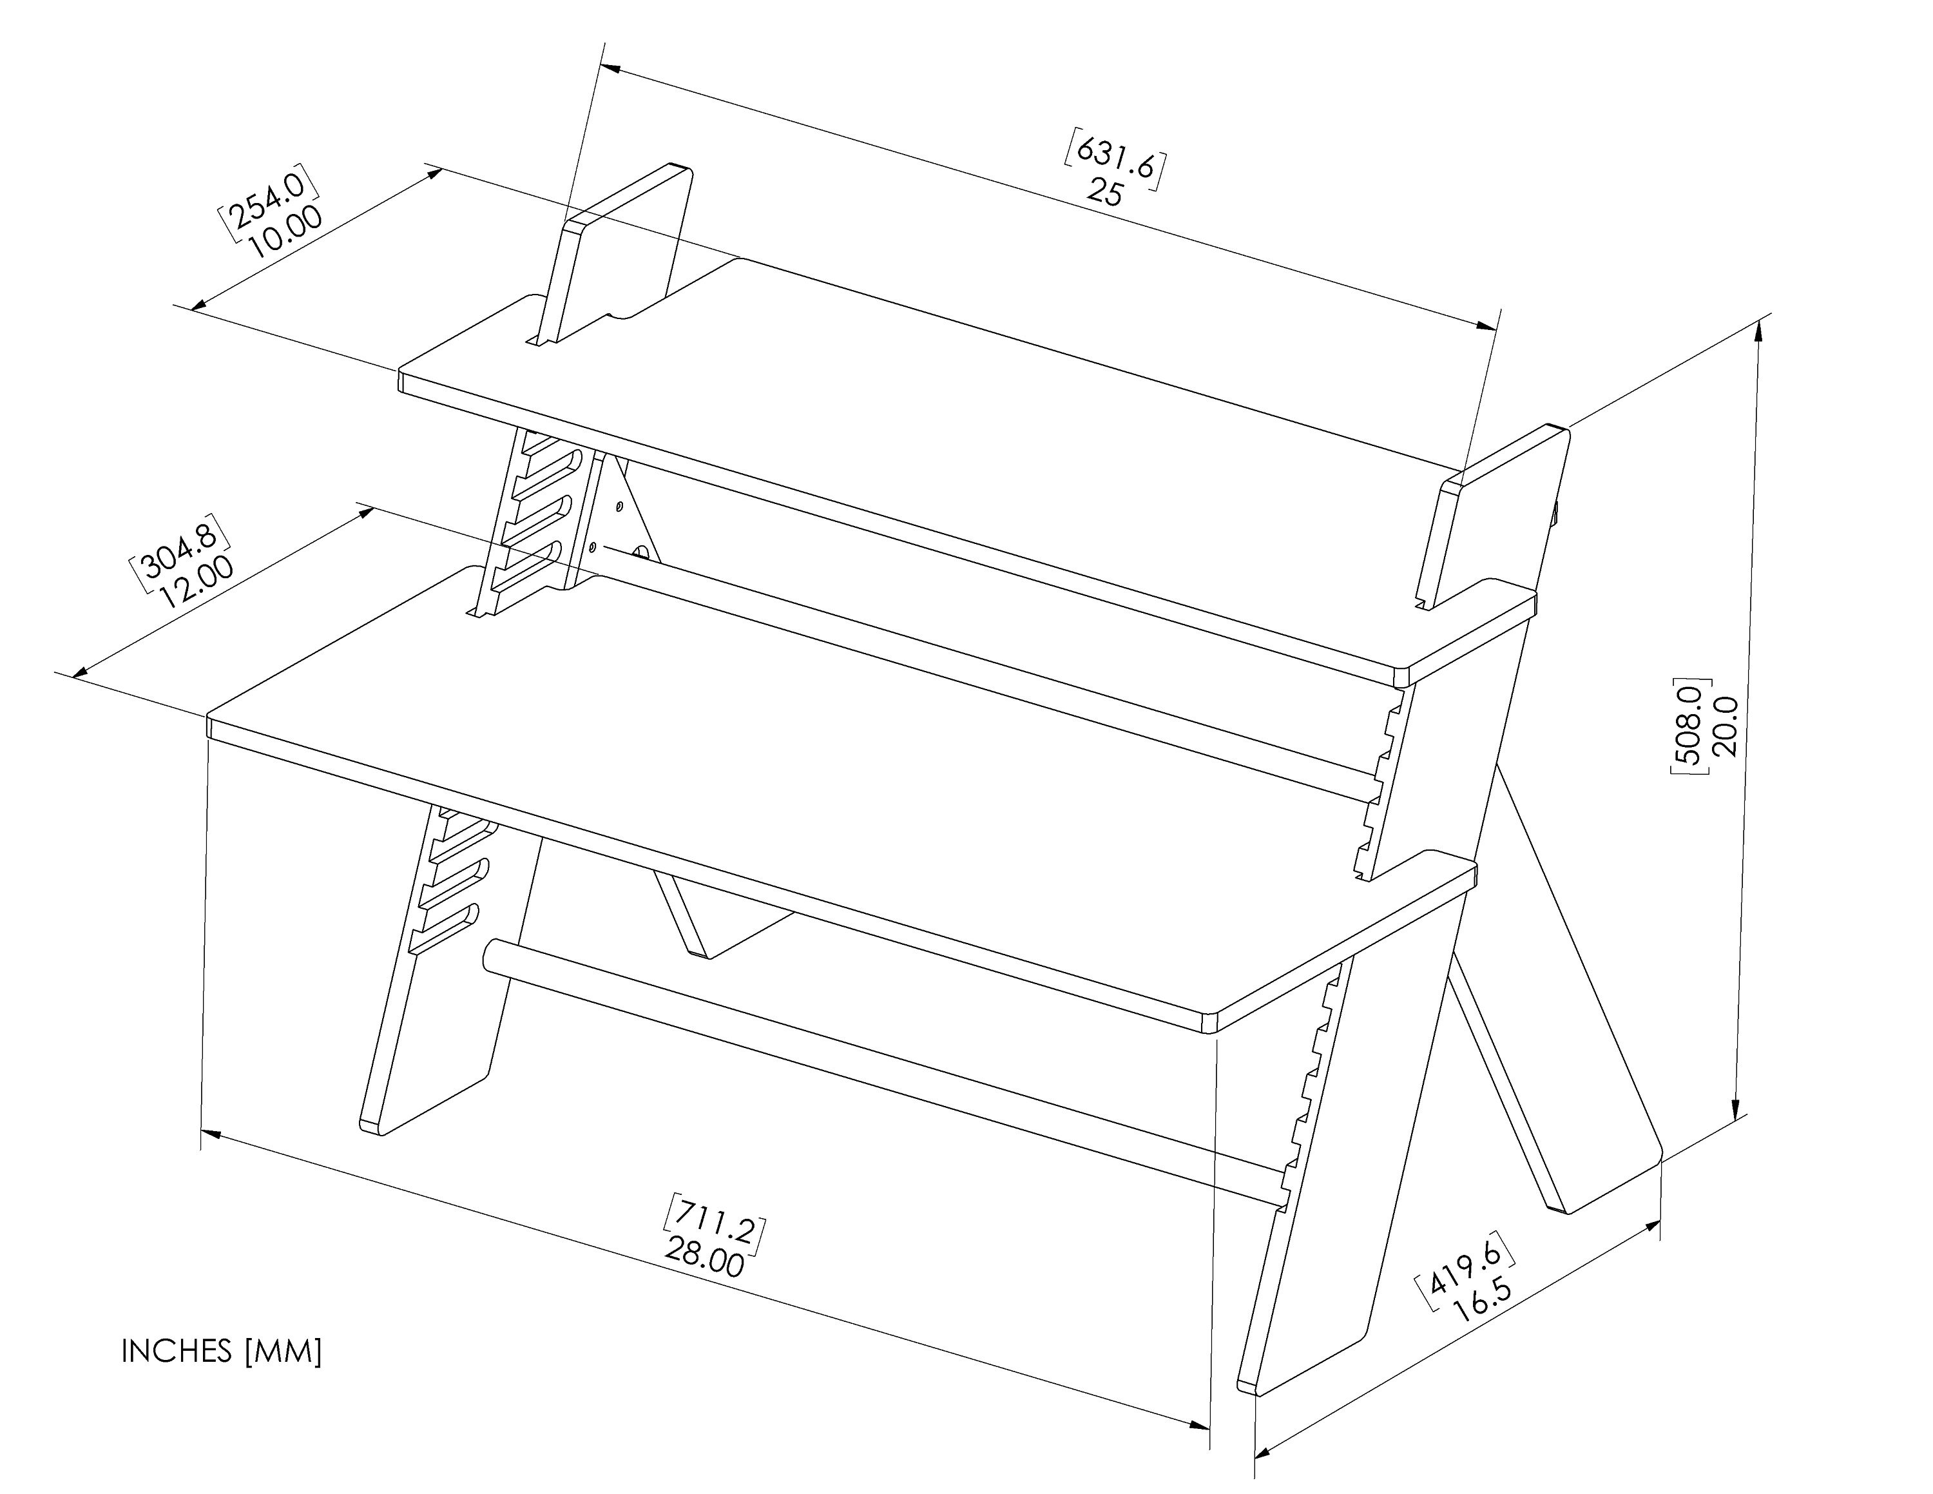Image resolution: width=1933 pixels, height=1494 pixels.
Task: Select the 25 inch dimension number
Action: pos(1106,191)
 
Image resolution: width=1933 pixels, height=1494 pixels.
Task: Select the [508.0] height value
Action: pos(1688,726)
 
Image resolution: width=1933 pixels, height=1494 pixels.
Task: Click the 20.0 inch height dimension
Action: pos(1725,726)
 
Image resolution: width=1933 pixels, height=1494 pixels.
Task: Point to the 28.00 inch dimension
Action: pos(706,1256)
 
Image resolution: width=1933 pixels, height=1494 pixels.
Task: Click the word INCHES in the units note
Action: pos(176,1351)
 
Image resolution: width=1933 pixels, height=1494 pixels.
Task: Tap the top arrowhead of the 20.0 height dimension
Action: pos(1758,331)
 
